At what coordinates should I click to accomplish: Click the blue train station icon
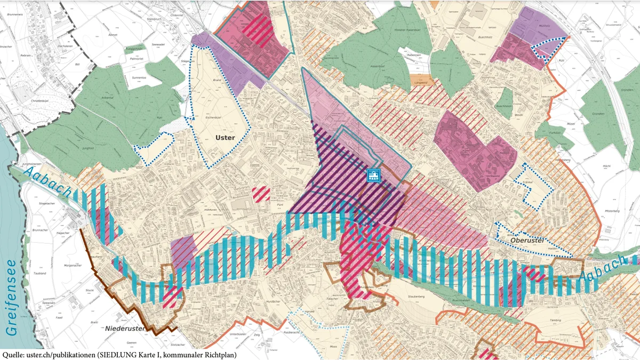click(x=374, y=175)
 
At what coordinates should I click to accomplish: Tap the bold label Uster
click(x=225, y=138)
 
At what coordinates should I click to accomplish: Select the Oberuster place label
click(x=526, y=241)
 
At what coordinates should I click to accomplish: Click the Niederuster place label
click(x=125, y=329)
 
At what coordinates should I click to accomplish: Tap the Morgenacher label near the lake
click(x=58, y=265)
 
